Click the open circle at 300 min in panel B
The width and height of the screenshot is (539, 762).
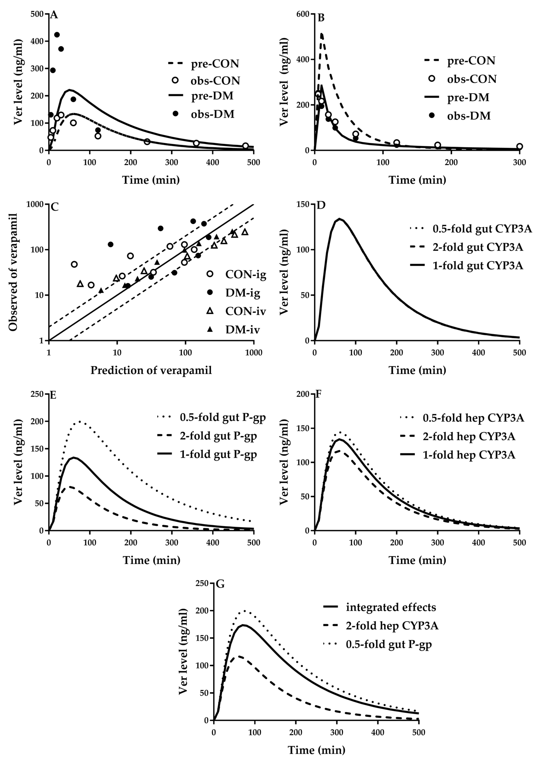click(519, 146)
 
